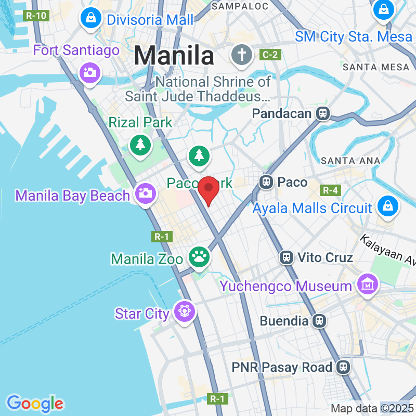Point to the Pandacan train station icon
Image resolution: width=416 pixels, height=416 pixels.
click(323, 113)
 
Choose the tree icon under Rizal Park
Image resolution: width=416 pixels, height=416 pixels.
click(140, 144)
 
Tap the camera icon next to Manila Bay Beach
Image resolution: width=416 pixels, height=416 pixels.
click(145, 193)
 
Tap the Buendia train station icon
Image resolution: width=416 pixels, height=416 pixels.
click(320, 321)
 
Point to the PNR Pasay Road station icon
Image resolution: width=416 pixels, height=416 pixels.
click(343, 367)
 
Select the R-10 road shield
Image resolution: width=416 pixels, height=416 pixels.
click(36, 16)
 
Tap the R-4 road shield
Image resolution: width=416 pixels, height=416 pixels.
click(331, 190)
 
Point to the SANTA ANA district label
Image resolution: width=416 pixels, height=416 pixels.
click(350, 161)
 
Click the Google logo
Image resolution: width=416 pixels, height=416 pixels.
click(35, 403)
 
